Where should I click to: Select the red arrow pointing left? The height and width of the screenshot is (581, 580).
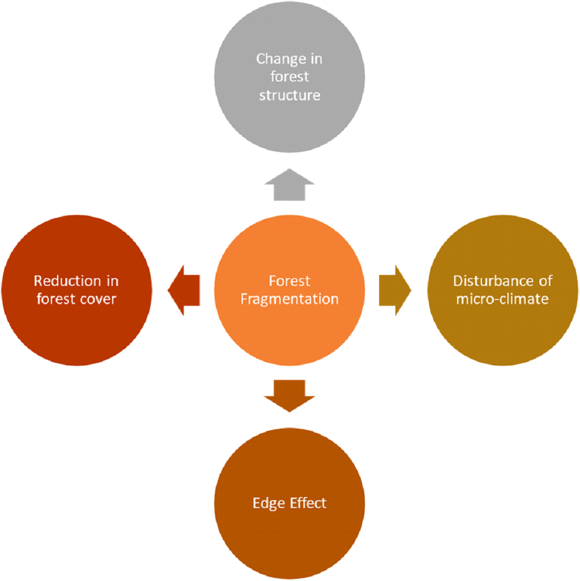[184, 290]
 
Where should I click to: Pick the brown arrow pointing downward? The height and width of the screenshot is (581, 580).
[289, 395]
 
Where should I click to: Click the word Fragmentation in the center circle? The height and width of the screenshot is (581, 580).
[289, 299]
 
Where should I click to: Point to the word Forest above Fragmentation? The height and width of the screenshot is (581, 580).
[289, 281]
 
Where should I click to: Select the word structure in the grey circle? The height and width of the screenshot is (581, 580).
[289, 95]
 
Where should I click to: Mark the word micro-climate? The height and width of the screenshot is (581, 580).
[502, 299]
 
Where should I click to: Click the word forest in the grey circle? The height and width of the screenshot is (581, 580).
[289, 77]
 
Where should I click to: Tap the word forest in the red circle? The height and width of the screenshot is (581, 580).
[55, 299]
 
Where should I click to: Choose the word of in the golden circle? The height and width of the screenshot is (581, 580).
[545, 281]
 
